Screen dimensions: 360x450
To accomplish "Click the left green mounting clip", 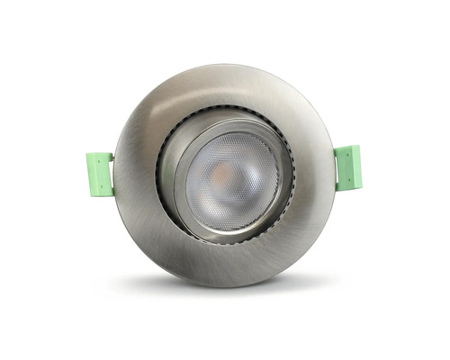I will tap(99, 174).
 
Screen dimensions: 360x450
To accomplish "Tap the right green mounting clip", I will tap(346, 167).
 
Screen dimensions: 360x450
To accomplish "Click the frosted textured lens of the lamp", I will tap(243, 193).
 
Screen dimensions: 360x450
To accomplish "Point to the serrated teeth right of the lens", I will tap(293, 180).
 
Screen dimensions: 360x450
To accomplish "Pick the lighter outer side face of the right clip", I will tap(356, 166).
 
